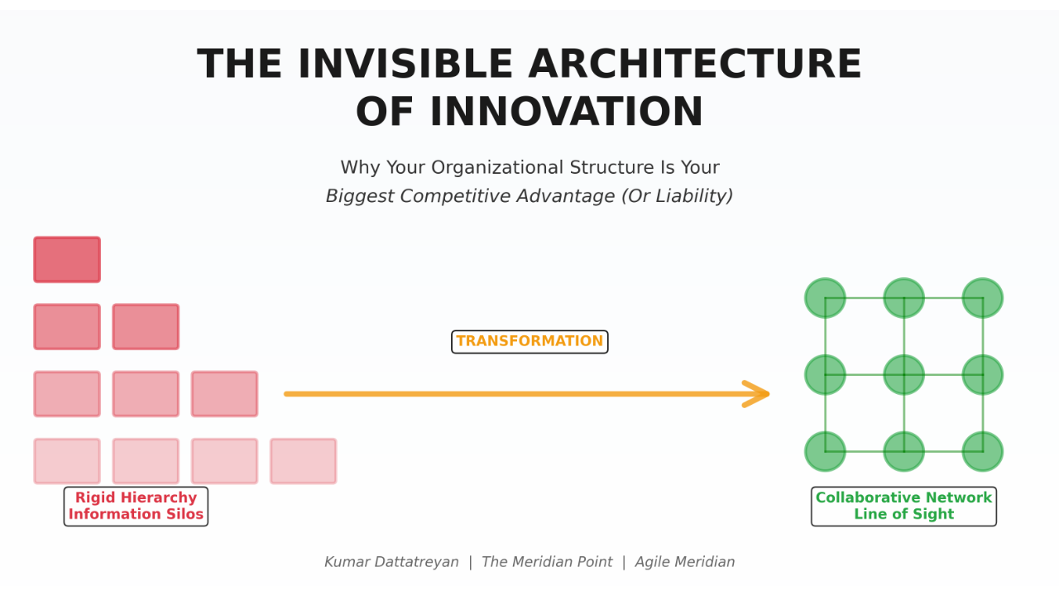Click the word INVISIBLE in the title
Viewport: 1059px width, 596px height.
405,65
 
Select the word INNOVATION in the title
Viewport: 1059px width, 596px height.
567,112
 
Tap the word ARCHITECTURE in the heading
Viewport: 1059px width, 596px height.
695,65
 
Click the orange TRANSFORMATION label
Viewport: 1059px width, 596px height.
529,342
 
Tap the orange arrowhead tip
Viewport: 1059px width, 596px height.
769,393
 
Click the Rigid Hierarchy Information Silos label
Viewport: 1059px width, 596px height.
137,506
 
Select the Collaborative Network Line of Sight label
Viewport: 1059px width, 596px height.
904,506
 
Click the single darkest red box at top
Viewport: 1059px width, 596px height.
67,260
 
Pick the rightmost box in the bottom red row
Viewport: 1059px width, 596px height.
304,461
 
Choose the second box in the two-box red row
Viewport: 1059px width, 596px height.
146,327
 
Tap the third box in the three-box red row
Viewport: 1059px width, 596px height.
224,394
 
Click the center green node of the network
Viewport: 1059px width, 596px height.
904,375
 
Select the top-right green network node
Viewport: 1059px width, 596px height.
983,298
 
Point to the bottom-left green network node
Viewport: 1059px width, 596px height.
826,452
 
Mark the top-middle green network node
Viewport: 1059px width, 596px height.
904,298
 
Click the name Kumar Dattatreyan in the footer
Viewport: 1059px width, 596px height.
391,562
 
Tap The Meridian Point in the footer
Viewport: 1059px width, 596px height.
547,562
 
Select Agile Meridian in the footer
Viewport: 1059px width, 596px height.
685,562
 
